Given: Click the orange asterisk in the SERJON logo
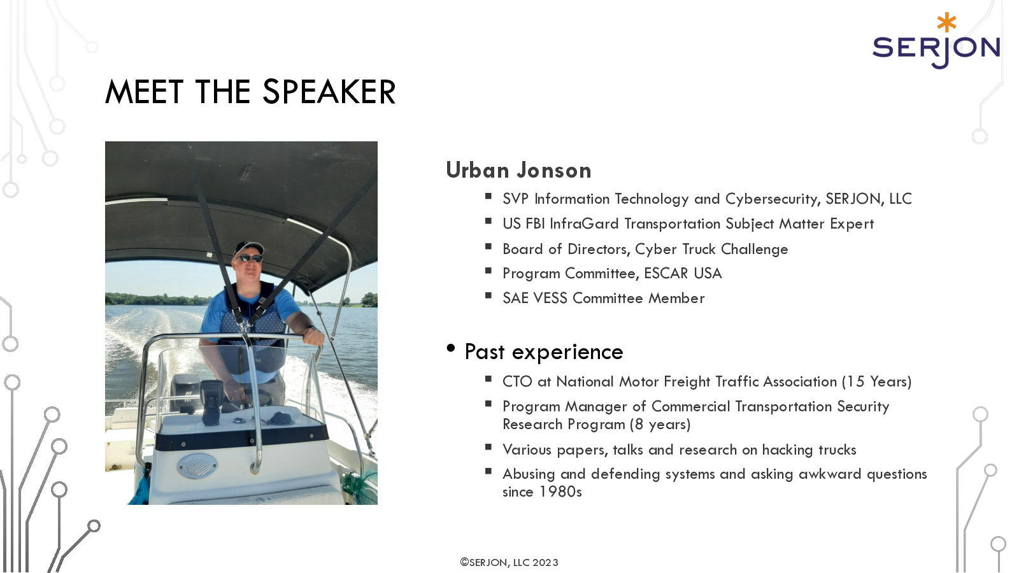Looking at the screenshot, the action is (946, 22).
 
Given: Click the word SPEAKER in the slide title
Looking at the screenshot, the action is (329, 92).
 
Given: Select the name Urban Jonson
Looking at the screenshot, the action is (518, 170).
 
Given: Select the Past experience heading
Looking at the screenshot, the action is (544, 352).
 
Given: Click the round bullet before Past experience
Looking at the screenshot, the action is (451, 348).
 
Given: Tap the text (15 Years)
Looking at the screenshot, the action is (876, 381).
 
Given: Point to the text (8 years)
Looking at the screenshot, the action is (660, 424).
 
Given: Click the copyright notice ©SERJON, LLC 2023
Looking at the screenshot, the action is (509, 563).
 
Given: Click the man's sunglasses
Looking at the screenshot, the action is (248, 258).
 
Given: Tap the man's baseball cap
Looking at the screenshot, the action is (248, 248).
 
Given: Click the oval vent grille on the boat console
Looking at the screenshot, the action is (197, 466).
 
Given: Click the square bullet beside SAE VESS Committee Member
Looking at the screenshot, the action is (488, 295).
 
